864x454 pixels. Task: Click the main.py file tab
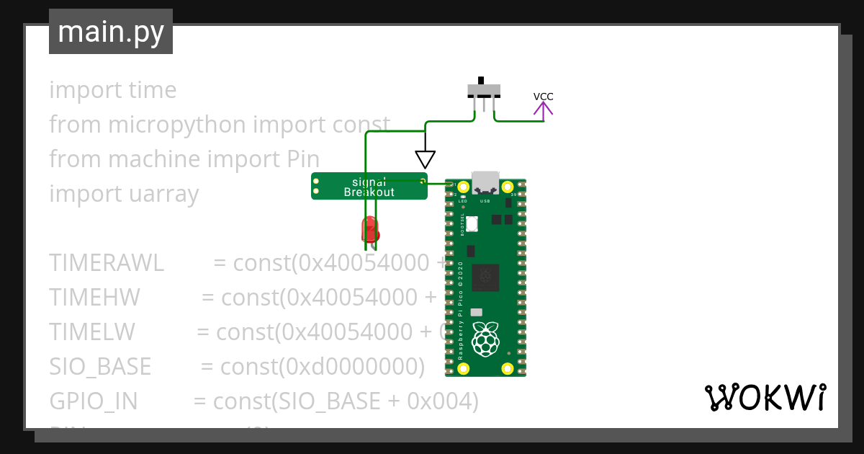[x=111, y=32]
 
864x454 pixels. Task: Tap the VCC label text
[x=543, y=97]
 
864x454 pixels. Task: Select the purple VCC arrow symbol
[x=543, y=110]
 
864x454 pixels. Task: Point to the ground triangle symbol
[x=426, y=159]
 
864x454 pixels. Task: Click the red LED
[x=369, y=228]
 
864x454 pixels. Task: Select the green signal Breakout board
[x=369, y=186]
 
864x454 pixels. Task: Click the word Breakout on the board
[x=369, y=192]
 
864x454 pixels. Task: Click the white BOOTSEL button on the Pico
[x=472, y=224]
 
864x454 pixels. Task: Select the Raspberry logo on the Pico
[x=485, y=339]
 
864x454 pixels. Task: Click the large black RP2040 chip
[x=486, y=278]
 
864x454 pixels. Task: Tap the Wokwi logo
[x=765, y=397]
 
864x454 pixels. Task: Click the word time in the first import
[x=152, y=90]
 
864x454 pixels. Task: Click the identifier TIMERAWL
[x=107, y=263]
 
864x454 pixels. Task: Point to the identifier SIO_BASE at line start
[x=100, y=367]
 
